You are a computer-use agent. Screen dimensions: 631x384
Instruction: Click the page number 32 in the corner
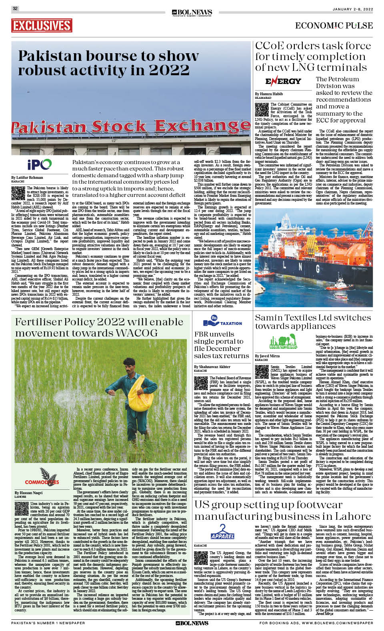15,8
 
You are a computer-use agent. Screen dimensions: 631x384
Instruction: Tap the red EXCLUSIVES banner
42,26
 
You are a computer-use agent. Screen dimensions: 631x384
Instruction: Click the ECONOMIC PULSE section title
334,26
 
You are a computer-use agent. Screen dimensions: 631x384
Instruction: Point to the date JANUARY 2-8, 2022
352,9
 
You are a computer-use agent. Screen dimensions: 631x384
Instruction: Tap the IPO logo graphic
40,164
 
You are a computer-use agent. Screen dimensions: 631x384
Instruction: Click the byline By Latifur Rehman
27,177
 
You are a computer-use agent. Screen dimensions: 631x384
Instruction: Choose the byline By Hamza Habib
269,94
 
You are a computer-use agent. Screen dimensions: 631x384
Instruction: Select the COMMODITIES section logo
42,478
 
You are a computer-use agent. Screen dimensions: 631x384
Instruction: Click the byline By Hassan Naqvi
28,493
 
